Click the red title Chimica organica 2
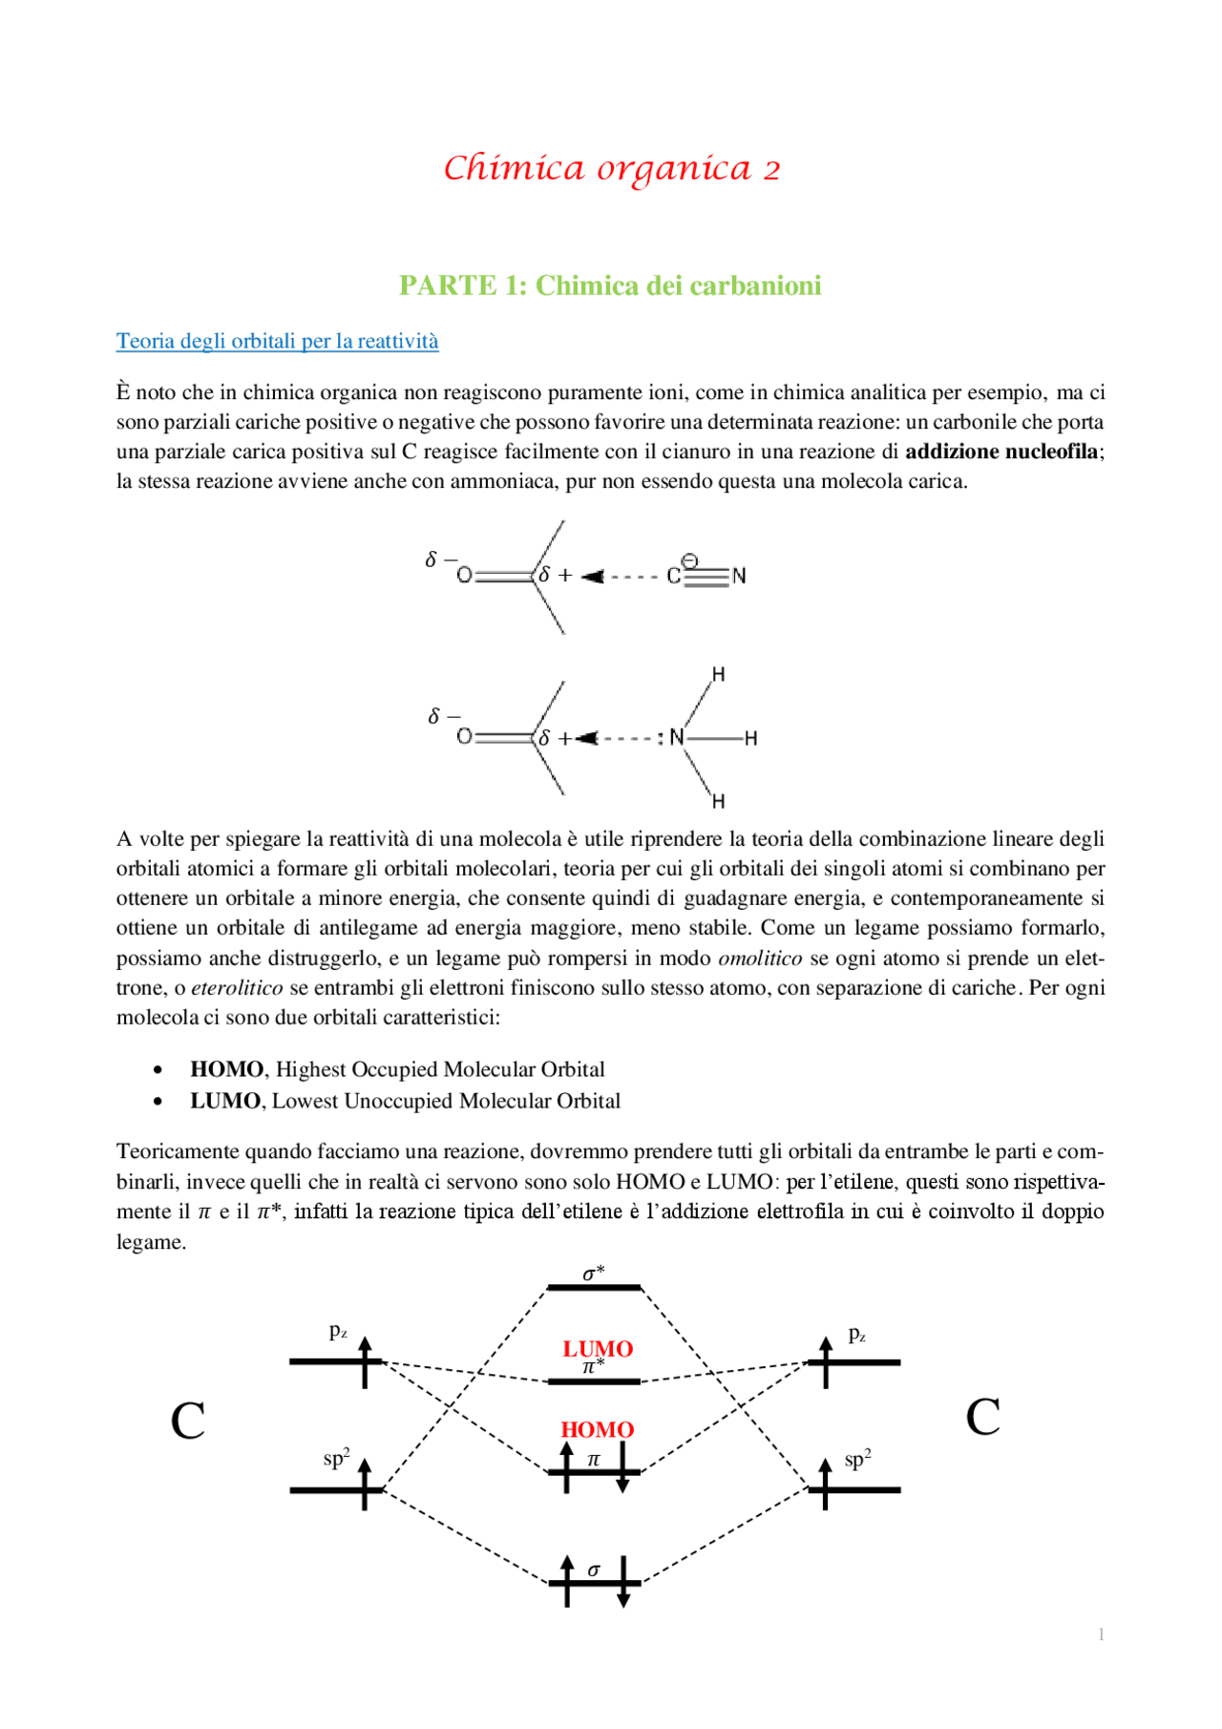611,168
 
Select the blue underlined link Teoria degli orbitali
277,341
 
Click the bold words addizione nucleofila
1001,452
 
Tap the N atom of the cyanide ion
739,576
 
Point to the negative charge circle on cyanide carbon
689,561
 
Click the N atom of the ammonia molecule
676,737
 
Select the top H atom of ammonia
718,675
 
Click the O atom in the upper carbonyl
464,576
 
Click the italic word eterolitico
237,988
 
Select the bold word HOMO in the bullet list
226,1069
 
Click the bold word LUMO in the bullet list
225,1101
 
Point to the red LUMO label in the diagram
598,1348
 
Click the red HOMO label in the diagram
597,1429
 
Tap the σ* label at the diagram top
594,1274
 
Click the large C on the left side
188,1421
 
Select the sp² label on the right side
857,1460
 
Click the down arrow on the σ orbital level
622,1583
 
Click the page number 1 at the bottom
1101,1634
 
